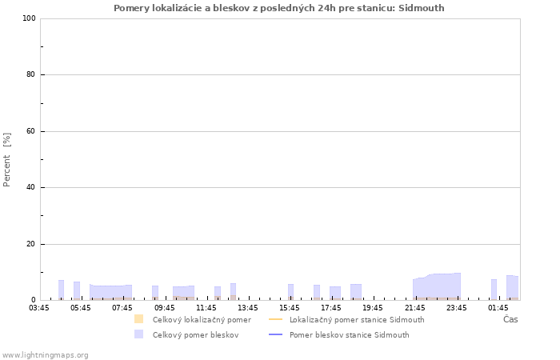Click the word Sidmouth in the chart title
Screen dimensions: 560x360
421,8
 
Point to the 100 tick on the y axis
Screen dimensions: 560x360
29,18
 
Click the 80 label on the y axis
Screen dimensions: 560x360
30,74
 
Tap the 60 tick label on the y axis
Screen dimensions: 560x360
30,131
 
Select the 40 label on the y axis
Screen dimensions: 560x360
30,187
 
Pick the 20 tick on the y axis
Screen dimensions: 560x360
30,244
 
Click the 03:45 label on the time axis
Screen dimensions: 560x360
39,308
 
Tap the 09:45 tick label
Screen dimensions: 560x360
164,308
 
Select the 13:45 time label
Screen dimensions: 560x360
248,308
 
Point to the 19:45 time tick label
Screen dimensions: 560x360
373,308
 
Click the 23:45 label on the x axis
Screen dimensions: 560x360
456,308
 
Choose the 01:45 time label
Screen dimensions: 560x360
498,308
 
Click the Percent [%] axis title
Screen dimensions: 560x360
6,160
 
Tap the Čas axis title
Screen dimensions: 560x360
510,319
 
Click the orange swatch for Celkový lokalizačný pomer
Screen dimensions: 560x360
138,319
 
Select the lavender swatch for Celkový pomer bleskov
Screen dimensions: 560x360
138,334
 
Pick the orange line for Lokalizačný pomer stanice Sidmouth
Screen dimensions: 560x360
275,319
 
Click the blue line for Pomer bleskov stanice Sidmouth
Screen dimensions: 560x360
275,334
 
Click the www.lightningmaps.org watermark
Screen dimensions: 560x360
46,355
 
